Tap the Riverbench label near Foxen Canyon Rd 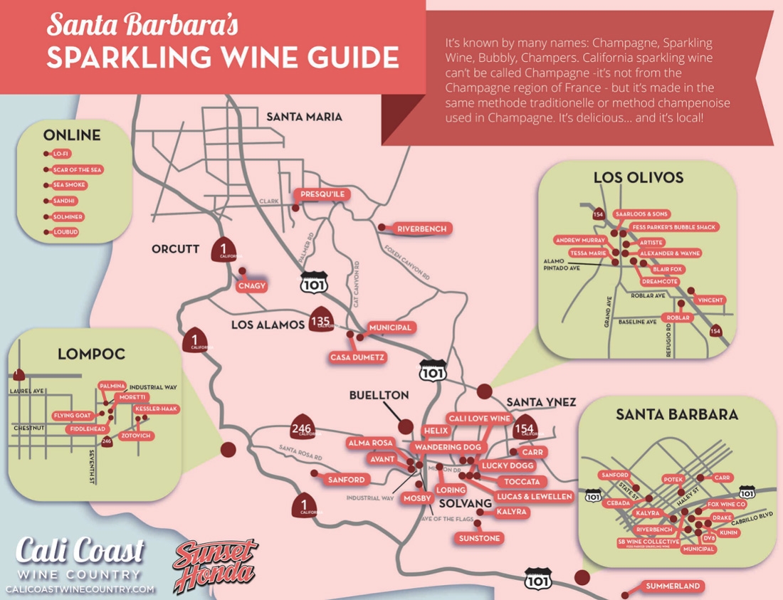pyautogui.click(x=422, y=228)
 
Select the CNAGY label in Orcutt pyautogui.click(x=253, y=285)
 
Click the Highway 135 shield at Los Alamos pyautogui.click(x=320, y=321)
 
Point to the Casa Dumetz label pyautogui.click(x=358, y=357)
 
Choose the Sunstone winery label pyautogui.click(x=479, y=537)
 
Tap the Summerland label pyautogui.click(x=673, y=586)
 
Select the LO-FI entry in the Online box pyautogui.click(x=62, y=154)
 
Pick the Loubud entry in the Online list pyautogui.click(x=65, y=232)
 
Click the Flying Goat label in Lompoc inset pyautogui.click(x=72, y=415)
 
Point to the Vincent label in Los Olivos pyautogui.click(x=710, y=300)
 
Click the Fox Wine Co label pyautogui.click(x=726, y=504)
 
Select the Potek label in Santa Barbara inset pyautogui.click(x=673, y=480)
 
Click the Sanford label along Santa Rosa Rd pyautogui.click(x=346, y=480)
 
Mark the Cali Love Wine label pyautogui.click(x=478, y=419)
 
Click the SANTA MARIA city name pyautogui.click(x=304, y=117)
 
